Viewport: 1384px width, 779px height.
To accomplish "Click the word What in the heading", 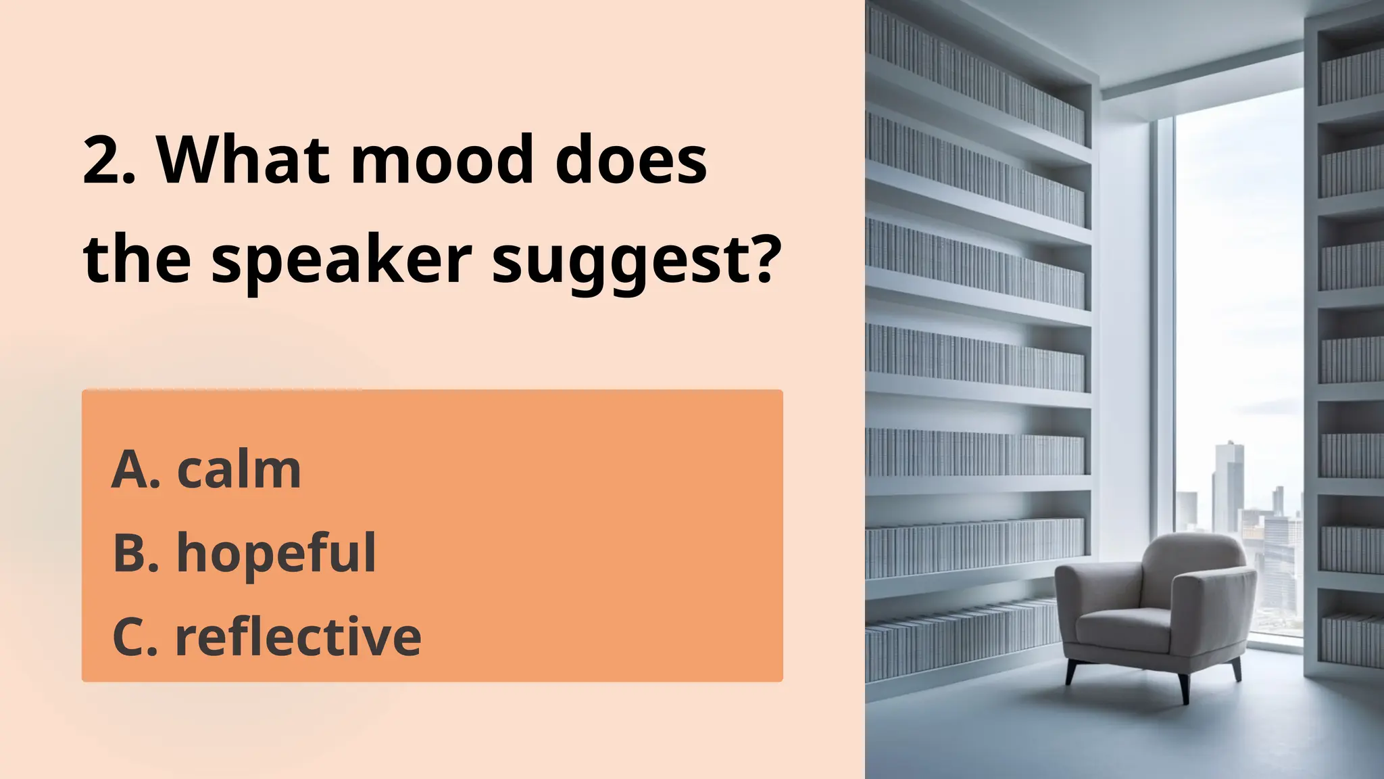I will pyautogui.click(x=243, y=161).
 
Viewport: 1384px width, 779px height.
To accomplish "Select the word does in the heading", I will pyautogui.click(x=631, y=161).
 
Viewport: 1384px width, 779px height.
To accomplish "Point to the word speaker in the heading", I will pyautogui.click(x=341, y=260).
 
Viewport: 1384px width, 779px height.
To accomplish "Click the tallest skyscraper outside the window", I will pyautogui.click(x=1227, y=487).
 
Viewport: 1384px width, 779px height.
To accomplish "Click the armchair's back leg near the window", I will pyautogui.click(x=1236, y=669).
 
